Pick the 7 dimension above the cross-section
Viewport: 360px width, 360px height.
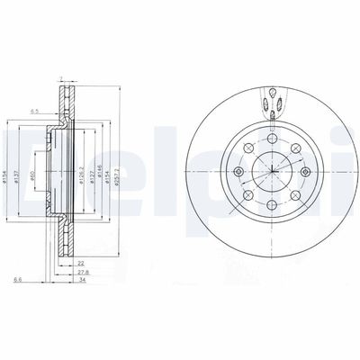pos(60,79)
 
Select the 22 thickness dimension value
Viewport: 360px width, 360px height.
pos(81,264)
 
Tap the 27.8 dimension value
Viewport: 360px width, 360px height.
pos(83,272)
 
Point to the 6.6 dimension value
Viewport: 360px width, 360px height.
pos(18,280)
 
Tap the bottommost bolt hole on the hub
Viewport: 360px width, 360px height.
pos(270,206)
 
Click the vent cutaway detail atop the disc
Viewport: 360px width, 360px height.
pos(270,101)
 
